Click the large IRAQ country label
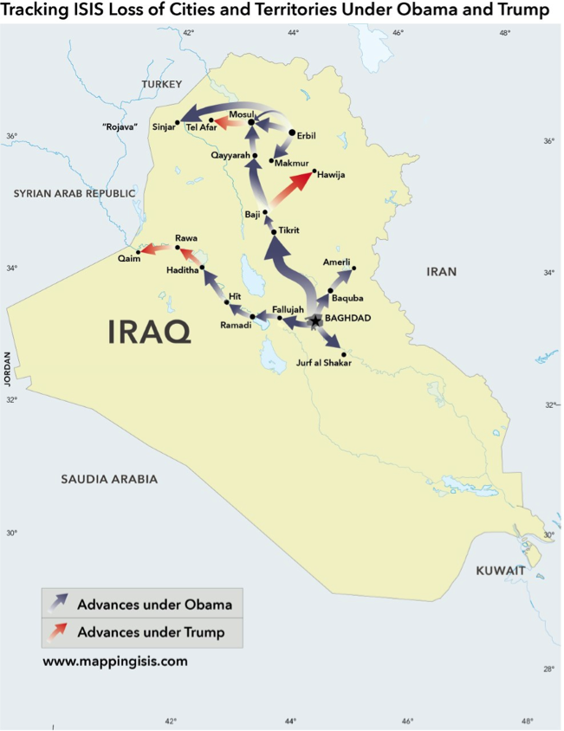click(x=149, y=331)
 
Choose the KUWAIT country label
click(x=501, y=571)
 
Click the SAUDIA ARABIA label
click(x=109, y=478)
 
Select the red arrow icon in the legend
click(x=58, y=632)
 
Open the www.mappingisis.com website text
click(x=114, y=663)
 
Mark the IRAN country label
click(x=441, y=272)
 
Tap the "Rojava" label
click(x=120, y=127)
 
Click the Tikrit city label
click(x=288, y=231)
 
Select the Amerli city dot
click(x=354, y=268)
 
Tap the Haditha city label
click(x=182, y=271)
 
